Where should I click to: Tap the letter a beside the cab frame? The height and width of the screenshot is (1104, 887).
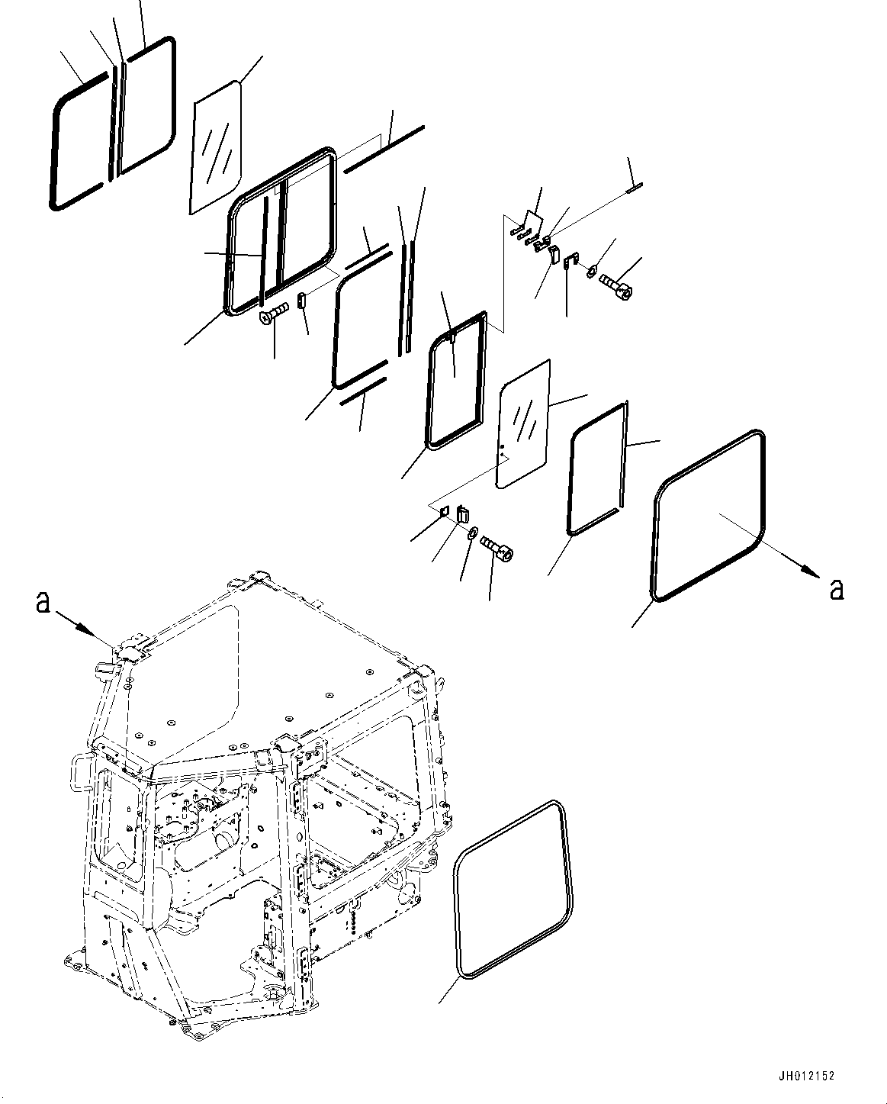tap(43, 603)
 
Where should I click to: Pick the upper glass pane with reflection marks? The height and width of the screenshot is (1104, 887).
tap(216, 147)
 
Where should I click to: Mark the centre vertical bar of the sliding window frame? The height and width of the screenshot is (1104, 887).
tap(281, 237)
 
